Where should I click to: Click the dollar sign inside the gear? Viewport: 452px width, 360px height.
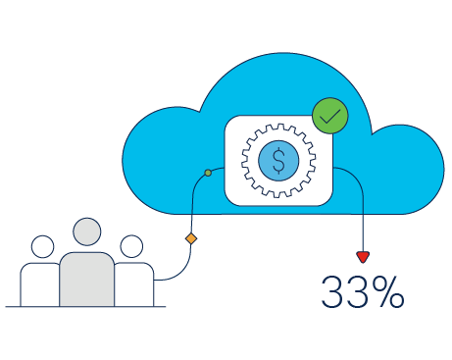[278, 161]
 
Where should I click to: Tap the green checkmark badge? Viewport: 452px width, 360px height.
[330, 117]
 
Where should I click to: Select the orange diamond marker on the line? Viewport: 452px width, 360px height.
[191, 238]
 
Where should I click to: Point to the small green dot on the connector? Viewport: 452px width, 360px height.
[208, 174]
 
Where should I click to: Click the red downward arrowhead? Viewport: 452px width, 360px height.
[363, 257]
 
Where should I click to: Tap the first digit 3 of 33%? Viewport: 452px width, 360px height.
[334, 292]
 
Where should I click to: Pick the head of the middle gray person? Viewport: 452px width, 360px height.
[87, 232]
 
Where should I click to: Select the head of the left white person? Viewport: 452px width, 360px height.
[42, 245]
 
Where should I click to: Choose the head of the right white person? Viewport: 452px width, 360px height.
[130, 245]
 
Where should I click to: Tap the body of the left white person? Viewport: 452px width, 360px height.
[37, 284]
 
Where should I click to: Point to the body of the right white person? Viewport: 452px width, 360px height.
[135, 284]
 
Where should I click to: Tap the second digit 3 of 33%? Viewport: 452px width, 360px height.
[358, 292]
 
